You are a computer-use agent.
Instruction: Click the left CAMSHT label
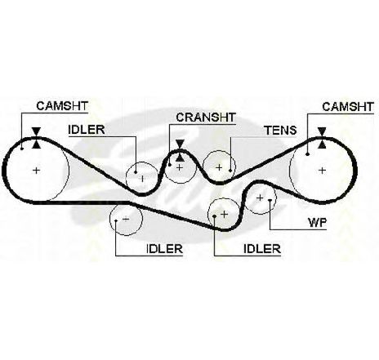pyautogui.click(x=62, y=106)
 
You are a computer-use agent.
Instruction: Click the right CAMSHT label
pyautogui.click(x=348, y=107)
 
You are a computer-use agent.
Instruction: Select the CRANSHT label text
pyautogui.click(x=206, y=118)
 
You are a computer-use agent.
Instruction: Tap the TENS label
pyautogui.click(x=281, y=131)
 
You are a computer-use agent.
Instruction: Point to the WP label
pyautogui.click(x=318, y=223)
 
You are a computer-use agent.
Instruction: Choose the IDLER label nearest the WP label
pyautogui.click(x=262, y=249)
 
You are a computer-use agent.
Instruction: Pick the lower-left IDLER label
pyautogui.click(x=164, y=249)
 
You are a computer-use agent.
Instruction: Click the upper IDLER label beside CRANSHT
pyautogui.click(x=87, y=130)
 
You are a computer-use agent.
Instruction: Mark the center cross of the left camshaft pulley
pyautogui.click(x=36, y=171)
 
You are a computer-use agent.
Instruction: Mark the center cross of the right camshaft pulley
pyautogui.click(x=322, y=171)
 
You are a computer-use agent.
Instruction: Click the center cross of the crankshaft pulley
pyautogui.click(x=180, y=167)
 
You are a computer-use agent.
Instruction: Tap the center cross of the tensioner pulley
pyautogui.click(x=219, y=167)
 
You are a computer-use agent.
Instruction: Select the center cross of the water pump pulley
pyautogui.click(x=260, y=198)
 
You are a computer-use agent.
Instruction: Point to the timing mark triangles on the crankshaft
pyautogui.click(x=180, y=151)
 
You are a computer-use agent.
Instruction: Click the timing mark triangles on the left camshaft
pyautogui.click(x=36, y=138)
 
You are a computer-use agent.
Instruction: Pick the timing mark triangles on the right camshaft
pyautogui.click(x=322, y=138)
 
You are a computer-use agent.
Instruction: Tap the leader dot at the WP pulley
pyautogui.click(x=270, y=201)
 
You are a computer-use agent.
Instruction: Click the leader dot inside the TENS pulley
pyautogui.click(x=230, y=171)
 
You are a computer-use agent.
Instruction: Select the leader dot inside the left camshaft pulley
pyautogui.click(x=22, y=149)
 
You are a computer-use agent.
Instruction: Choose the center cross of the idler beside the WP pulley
pyautogui.click(x=225, y=215)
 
